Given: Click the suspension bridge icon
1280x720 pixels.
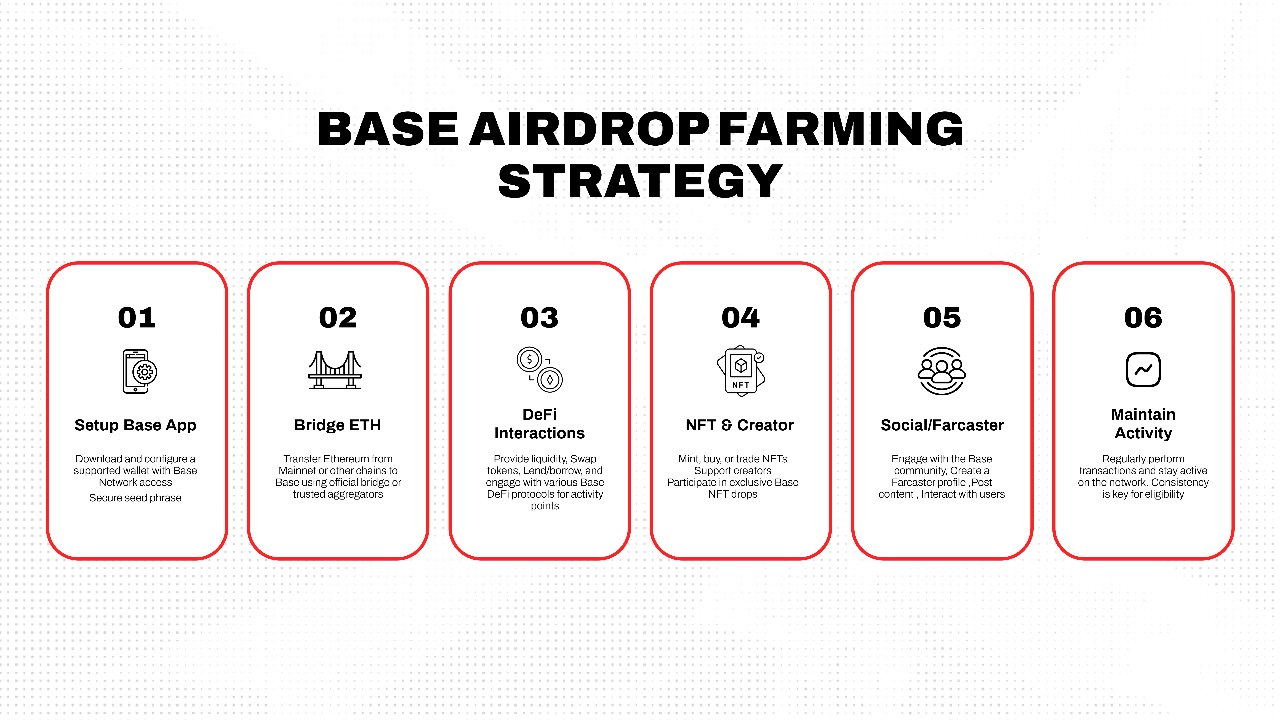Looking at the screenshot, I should [335, 370].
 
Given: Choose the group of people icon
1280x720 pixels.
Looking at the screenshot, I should [942, 371].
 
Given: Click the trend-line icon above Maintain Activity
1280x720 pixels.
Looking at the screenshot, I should [1143, 370].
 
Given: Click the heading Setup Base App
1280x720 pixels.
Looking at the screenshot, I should [135, 425].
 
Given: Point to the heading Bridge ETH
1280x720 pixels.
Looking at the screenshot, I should [337, 425].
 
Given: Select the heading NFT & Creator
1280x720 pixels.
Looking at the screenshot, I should [739, 425].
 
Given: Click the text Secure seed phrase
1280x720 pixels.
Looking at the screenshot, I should [135, 498].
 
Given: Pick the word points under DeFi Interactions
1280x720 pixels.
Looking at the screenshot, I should [545, 506].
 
